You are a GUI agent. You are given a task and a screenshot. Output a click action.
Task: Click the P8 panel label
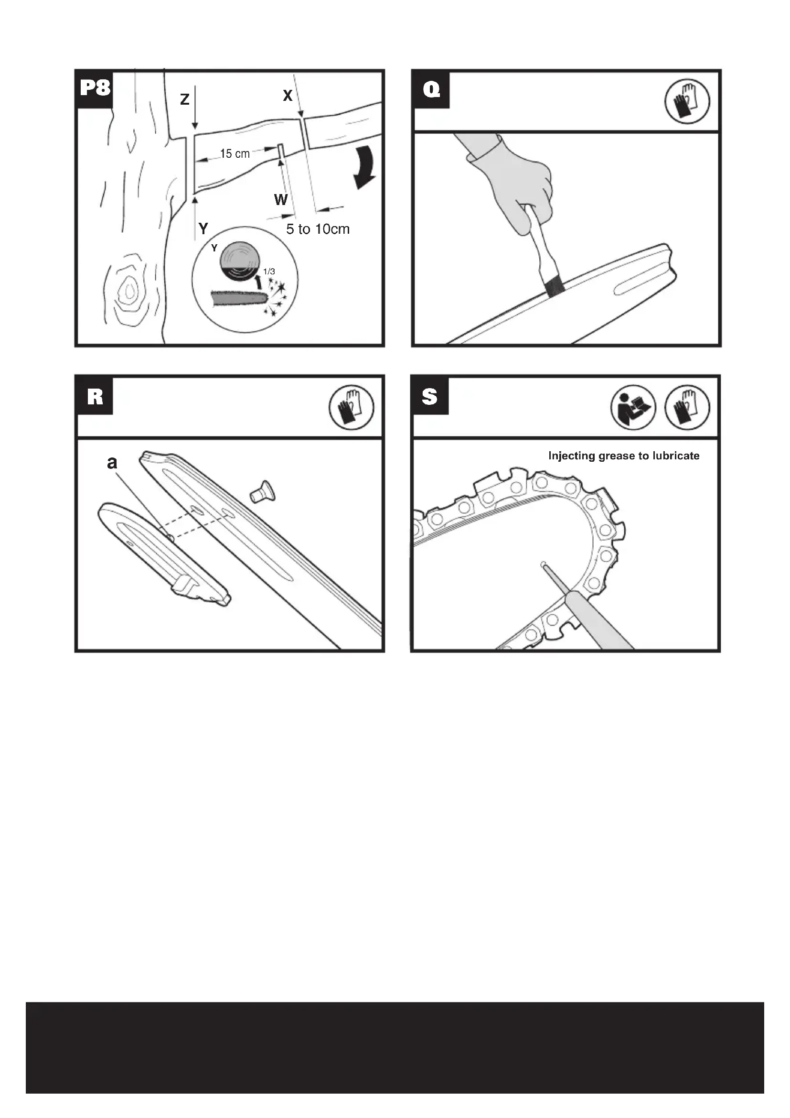pyautogui.click(x=95, y=88)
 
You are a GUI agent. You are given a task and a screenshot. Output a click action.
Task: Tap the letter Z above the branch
pyautogui.click(x=185, y=99)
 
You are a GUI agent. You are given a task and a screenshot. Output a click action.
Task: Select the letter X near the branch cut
pyautogui.click(x=288, y=96)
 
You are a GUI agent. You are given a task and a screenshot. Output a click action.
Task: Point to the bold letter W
pyautogui.click(x=281, y=199)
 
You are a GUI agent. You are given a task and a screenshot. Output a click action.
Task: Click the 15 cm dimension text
pyautogui.click(x=235, y=153)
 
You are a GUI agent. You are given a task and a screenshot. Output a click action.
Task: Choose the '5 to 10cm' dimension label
pyautogui.click(x=318, y=229)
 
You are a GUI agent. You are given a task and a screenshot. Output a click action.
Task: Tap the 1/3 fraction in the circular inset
pyautogui.click(x=269, y=271)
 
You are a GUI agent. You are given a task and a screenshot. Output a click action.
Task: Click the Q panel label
pyautogui.click(x=431, y=89)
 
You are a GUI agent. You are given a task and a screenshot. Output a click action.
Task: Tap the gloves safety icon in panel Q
pyautogui.click(x=687, y=101)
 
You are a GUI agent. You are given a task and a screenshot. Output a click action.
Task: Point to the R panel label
pyautogui.click(x=95, y=396)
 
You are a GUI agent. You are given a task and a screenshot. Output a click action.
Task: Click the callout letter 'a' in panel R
pyautogui.click(x=112, y=462)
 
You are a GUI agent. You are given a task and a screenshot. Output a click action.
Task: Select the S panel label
pyautogui.click(x=429, y=396)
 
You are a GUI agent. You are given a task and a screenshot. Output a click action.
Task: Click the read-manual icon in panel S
pyautogui.click(x=633, y=407)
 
